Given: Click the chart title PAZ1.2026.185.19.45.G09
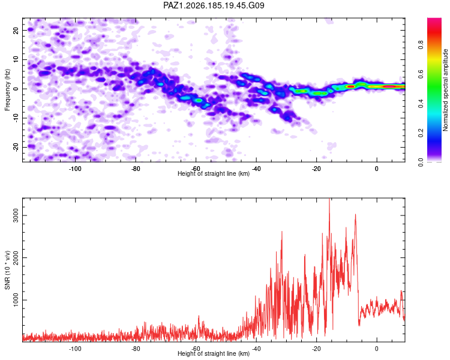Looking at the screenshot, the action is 214,5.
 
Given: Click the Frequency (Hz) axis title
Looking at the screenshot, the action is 7,90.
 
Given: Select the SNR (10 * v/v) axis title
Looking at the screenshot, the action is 7,270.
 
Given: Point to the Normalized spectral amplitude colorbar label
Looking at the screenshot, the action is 445,90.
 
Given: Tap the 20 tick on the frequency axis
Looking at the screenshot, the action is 16,30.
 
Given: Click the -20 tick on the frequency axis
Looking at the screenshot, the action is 16,147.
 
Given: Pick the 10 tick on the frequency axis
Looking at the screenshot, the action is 16,59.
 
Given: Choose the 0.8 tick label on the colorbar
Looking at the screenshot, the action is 421,45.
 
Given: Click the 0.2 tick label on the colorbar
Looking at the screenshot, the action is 421,133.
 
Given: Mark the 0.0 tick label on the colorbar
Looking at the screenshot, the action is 421,163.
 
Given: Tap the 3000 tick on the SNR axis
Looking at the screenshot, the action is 16,215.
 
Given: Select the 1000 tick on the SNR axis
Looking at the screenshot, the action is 16,300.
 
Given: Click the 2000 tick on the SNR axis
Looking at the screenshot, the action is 16,258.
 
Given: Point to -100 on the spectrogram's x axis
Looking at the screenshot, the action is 75,169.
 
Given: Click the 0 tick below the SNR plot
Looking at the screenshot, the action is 377,349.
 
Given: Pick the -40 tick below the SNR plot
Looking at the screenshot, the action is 256,349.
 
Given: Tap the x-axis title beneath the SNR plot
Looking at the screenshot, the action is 214,353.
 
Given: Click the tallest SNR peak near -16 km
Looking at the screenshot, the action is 329,199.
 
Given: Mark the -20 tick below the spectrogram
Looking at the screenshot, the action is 316,169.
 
